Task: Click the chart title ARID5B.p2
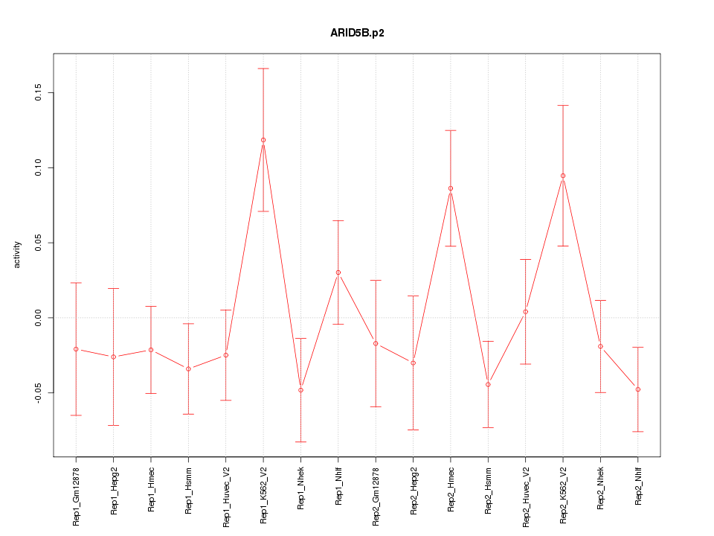pos(357,33)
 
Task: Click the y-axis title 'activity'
pos(18,255)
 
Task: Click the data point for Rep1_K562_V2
pos(263,140)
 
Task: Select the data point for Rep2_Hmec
pos(451,188)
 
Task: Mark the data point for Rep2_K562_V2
pos(563,176)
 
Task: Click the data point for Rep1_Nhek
pos(300,390)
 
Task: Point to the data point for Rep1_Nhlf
pos(338,272)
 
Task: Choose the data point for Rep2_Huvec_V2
pos(526,312)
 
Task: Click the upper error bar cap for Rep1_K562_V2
pos(263,68)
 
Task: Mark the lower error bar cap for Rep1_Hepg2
pos(114,425)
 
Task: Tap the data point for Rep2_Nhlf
pos(638,389)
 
